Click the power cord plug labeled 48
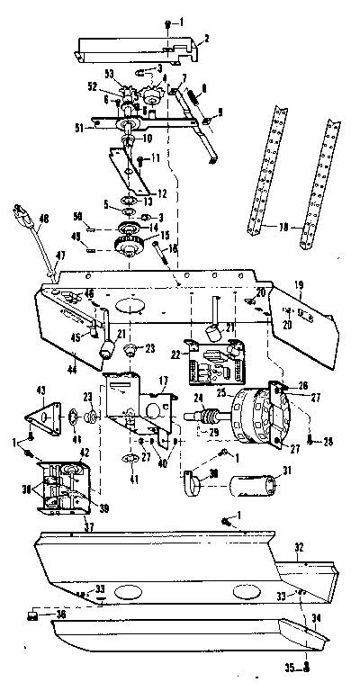[19, 218]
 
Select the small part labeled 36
[34, 614]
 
